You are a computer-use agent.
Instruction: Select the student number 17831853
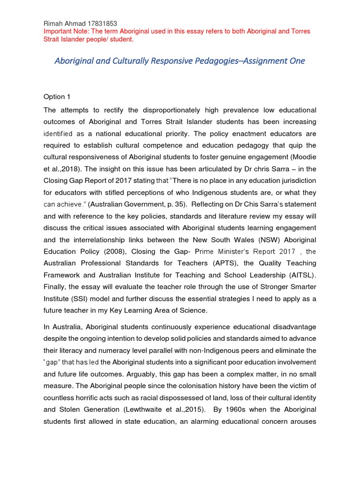99,23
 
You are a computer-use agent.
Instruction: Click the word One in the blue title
296,61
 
